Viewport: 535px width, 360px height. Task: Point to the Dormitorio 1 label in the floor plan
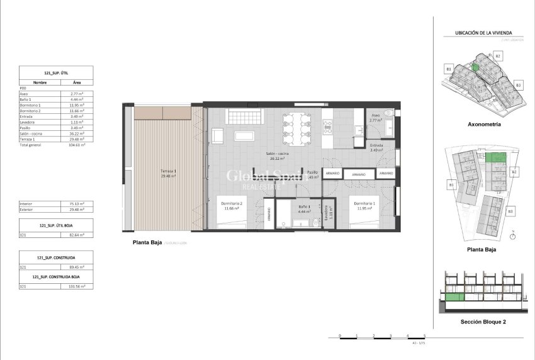click(x=365, y=203)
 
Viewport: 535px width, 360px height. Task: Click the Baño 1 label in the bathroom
click(x=304, y=207)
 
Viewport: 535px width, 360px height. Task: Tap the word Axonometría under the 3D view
click(x=480, y=125)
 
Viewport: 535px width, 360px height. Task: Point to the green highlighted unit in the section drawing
click(x=455, y=296)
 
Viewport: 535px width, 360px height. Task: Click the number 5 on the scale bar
click(x=424, y=335)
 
